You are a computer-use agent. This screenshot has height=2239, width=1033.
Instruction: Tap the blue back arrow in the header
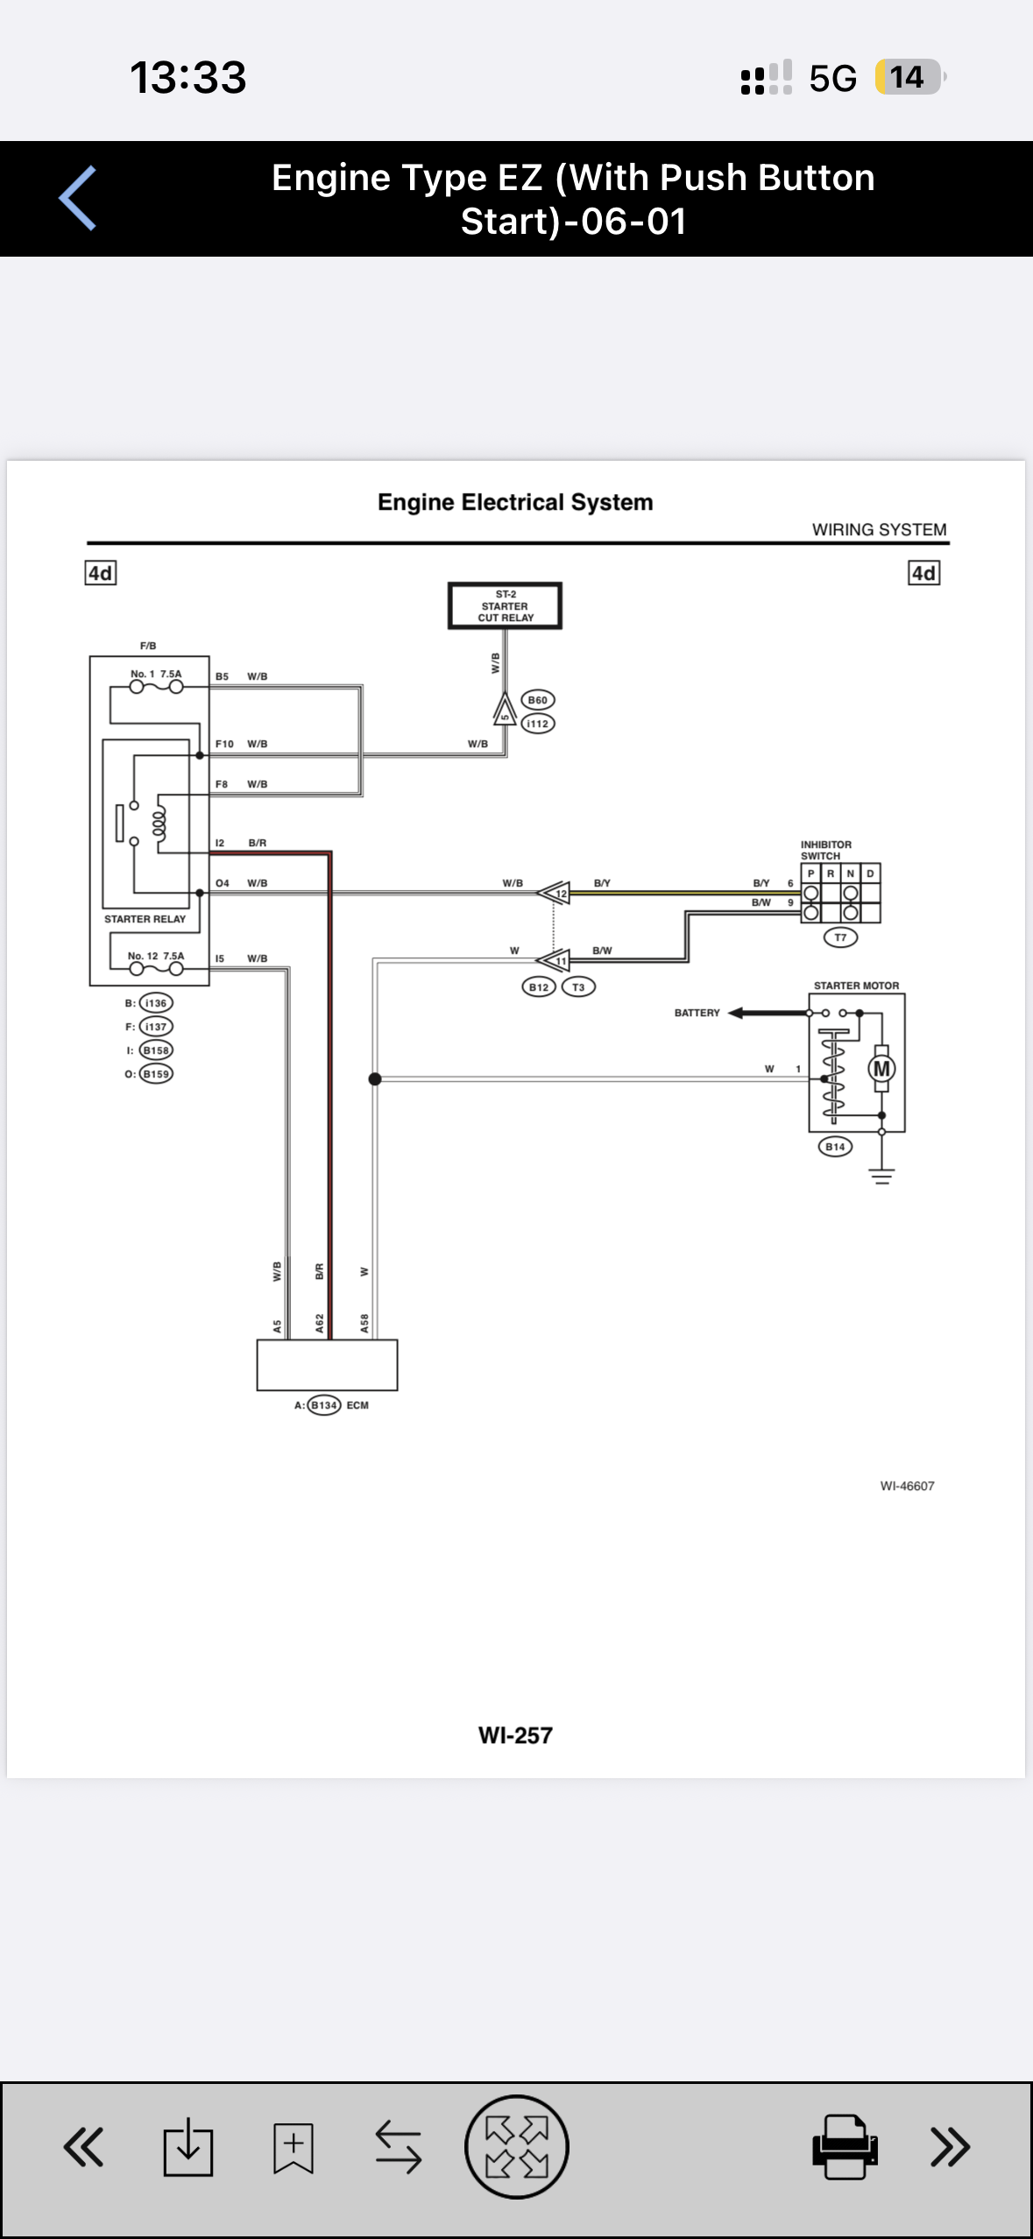(x=77, y=198)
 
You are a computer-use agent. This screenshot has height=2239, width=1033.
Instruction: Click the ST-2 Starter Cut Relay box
(x=505, y=605)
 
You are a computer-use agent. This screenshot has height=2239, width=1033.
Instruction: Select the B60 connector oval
(x=538, y=700)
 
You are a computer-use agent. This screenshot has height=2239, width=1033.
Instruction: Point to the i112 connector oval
(x=538, y=724)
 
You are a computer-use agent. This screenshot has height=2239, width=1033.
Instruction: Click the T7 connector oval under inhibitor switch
(x=840, y=937)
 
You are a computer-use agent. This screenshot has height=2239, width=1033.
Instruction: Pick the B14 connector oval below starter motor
(x=835, y=1147)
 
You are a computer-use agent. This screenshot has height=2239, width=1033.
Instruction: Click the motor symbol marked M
(x=881, y=1069)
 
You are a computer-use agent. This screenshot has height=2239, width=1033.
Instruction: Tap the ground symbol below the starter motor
(x=881, y=1176)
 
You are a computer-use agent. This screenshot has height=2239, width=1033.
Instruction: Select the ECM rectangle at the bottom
(x=327, y=1365)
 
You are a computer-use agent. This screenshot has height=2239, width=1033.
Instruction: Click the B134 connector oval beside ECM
(x=324, y=1405)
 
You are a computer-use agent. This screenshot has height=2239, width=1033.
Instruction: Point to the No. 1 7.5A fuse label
(x=156, y=674)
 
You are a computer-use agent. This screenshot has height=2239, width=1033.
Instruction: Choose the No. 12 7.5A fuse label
(x=156, y=956)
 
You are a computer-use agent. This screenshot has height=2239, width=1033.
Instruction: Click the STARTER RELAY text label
(x=145, y=919)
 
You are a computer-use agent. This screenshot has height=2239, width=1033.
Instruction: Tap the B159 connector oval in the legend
(x=156, y=1073)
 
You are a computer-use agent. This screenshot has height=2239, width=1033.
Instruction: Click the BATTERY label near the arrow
(x=697, y=1013)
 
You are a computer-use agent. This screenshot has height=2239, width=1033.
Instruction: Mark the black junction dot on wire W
(x=375, y=1078)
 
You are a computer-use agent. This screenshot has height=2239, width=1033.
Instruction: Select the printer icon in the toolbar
(x=845, y=2146)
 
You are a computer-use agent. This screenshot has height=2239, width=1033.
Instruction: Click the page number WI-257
(x=515, y=1735)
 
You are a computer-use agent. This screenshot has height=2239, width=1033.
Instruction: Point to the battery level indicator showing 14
(x=909, y=77)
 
